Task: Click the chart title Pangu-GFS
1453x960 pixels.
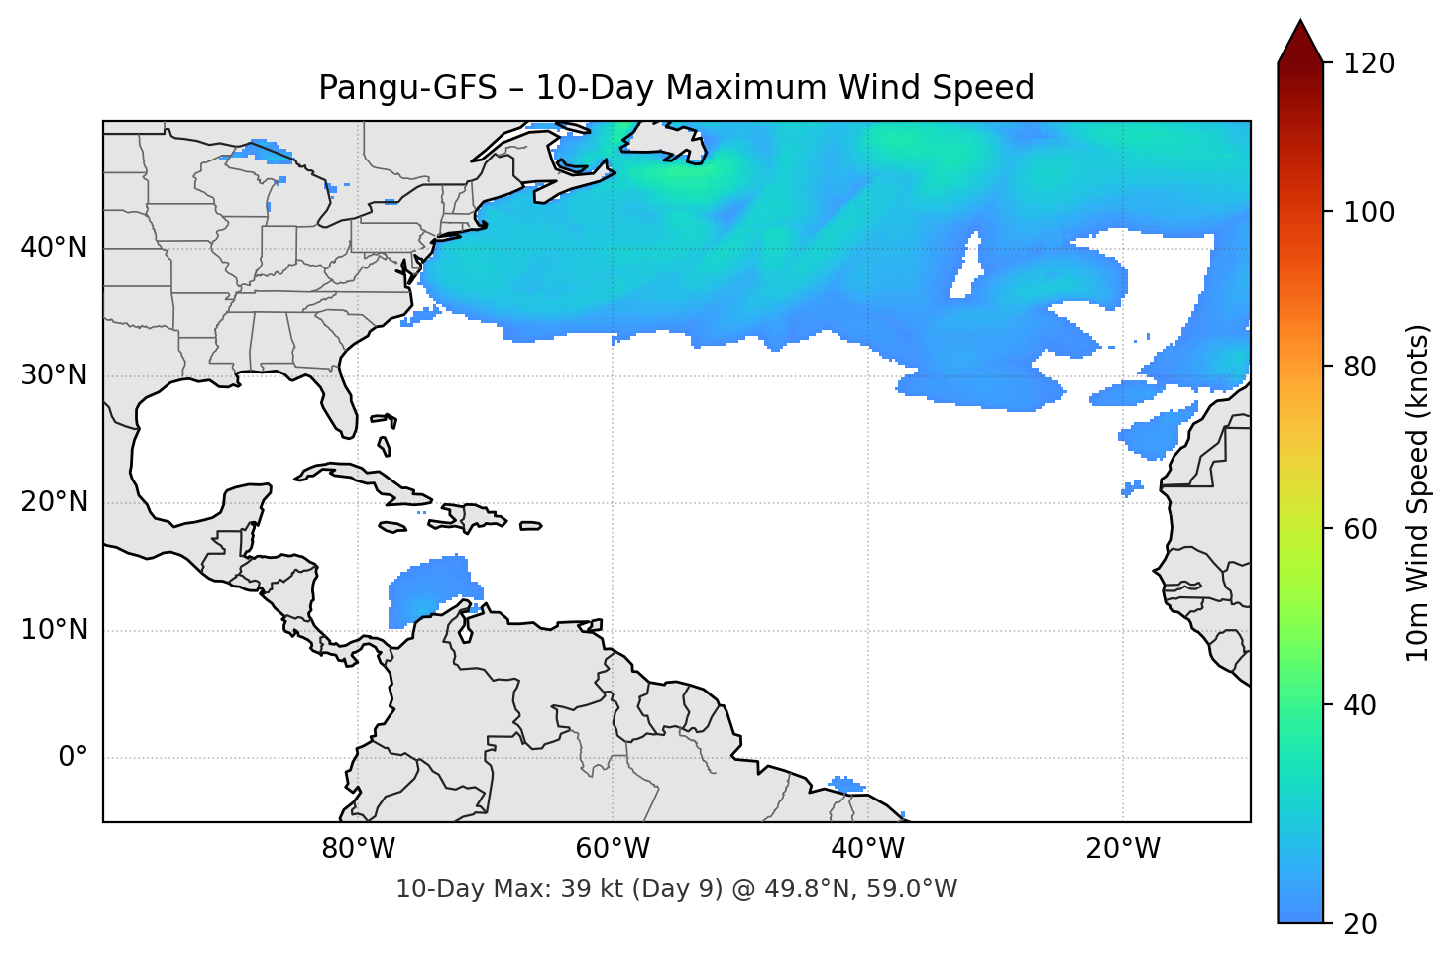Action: point(676,88)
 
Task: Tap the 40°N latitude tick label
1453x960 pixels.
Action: point(54,248)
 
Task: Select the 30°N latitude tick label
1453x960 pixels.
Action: point(54,375)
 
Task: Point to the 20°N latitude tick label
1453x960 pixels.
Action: point(54,502)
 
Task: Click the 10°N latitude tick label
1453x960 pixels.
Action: point(54,630)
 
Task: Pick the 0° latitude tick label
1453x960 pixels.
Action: point(72,758)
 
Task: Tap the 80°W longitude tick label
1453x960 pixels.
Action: point(358,849)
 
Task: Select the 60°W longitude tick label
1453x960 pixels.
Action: point(613,849)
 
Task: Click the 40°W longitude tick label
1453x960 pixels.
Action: point(867,849)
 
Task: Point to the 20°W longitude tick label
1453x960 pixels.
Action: point(1122,849)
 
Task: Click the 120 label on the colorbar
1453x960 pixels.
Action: point(1369,64)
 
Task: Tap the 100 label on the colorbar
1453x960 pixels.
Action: point(1369,212)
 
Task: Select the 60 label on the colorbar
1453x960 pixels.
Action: point(1360,529)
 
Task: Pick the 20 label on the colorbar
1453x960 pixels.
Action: point(1360,924)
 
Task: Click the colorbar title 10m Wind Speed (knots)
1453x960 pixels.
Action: point(1418,492)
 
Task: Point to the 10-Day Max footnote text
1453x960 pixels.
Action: point(676,889)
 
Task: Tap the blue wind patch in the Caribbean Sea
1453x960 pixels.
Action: point(428,587)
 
